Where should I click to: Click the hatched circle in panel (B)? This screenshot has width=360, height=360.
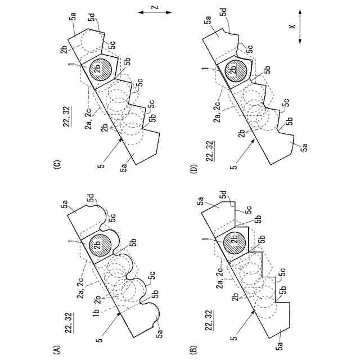point(235,243)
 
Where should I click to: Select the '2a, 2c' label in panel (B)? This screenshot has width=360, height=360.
point(217,278)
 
